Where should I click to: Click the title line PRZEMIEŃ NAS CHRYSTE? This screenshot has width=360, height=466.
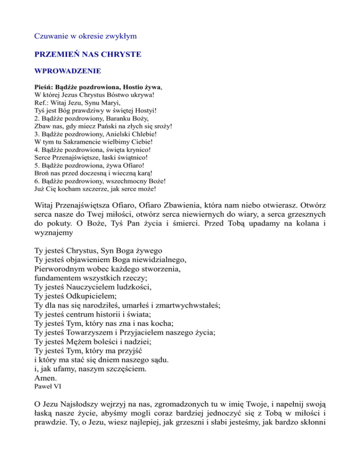(x=88, y=54)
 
